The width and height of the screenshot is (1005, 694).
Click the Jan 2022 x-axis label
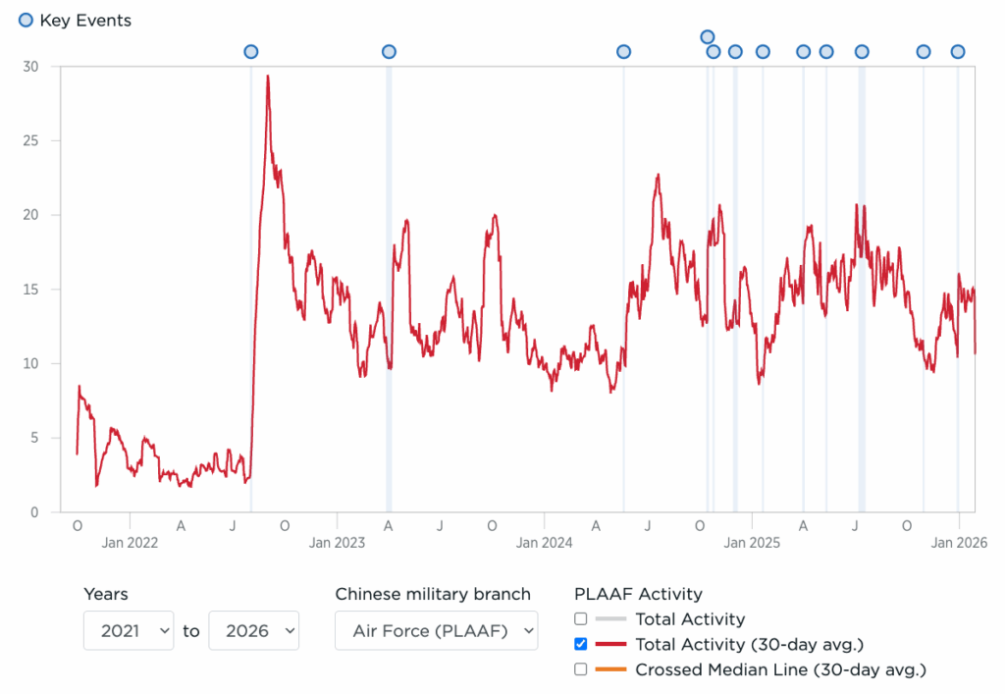pyautogui.click(x=130, y=542)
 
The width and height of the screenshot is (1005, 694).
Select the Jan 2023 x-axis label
pyautogui.click(x=337, y=542)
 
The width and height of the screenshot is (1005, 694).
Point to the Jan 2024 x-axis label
pyautogui.click(x=545, y=542)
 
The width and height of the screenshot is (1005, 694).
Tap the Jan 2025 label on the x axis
pyautogui.click(x=752, y=542)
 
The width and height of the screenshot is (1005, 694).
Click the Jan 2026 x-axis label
pyautogui.click(x=959, y=542)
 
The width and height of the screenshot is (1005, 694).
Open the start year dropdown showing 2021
pyautogui.click(x=129, y=631)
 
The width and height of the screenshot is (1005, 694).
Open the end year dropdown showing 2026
pyautogui.click(x=253, y=631)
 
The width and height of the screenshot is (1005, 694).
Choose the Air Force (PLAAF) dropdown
pyautogui.click(x=436, y=631)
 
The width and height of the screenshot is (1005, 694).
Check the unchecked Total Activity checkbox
pyautogui.click(x=581, y=619)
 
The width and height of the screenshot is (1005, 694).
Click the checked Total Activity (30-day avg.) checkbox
pyautogui.click(x=581, y=645)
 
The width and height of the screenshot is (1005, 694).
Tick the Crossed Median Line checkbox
pyautogui.click(x=581, y=669)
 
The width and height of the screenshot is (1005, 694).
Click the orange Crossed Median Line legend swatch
pyautogui.click(x=610, y=669)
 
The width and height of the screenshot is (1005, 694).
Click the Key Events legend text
pyautogui.click(x=85, y=21)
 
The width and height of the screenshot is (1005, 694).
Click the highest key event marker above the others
pyautogui.click(x=708, y=37)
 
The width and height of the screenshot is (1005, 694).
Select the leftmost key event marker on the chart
pyautogui.click(x=250, y=52)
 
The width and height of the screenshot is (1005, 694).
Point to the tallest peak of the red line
pyautogui.click(x=267, y=77)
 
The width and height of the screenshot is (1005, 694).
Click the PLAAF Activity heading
pyautogui.click(x=638, y=594)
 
